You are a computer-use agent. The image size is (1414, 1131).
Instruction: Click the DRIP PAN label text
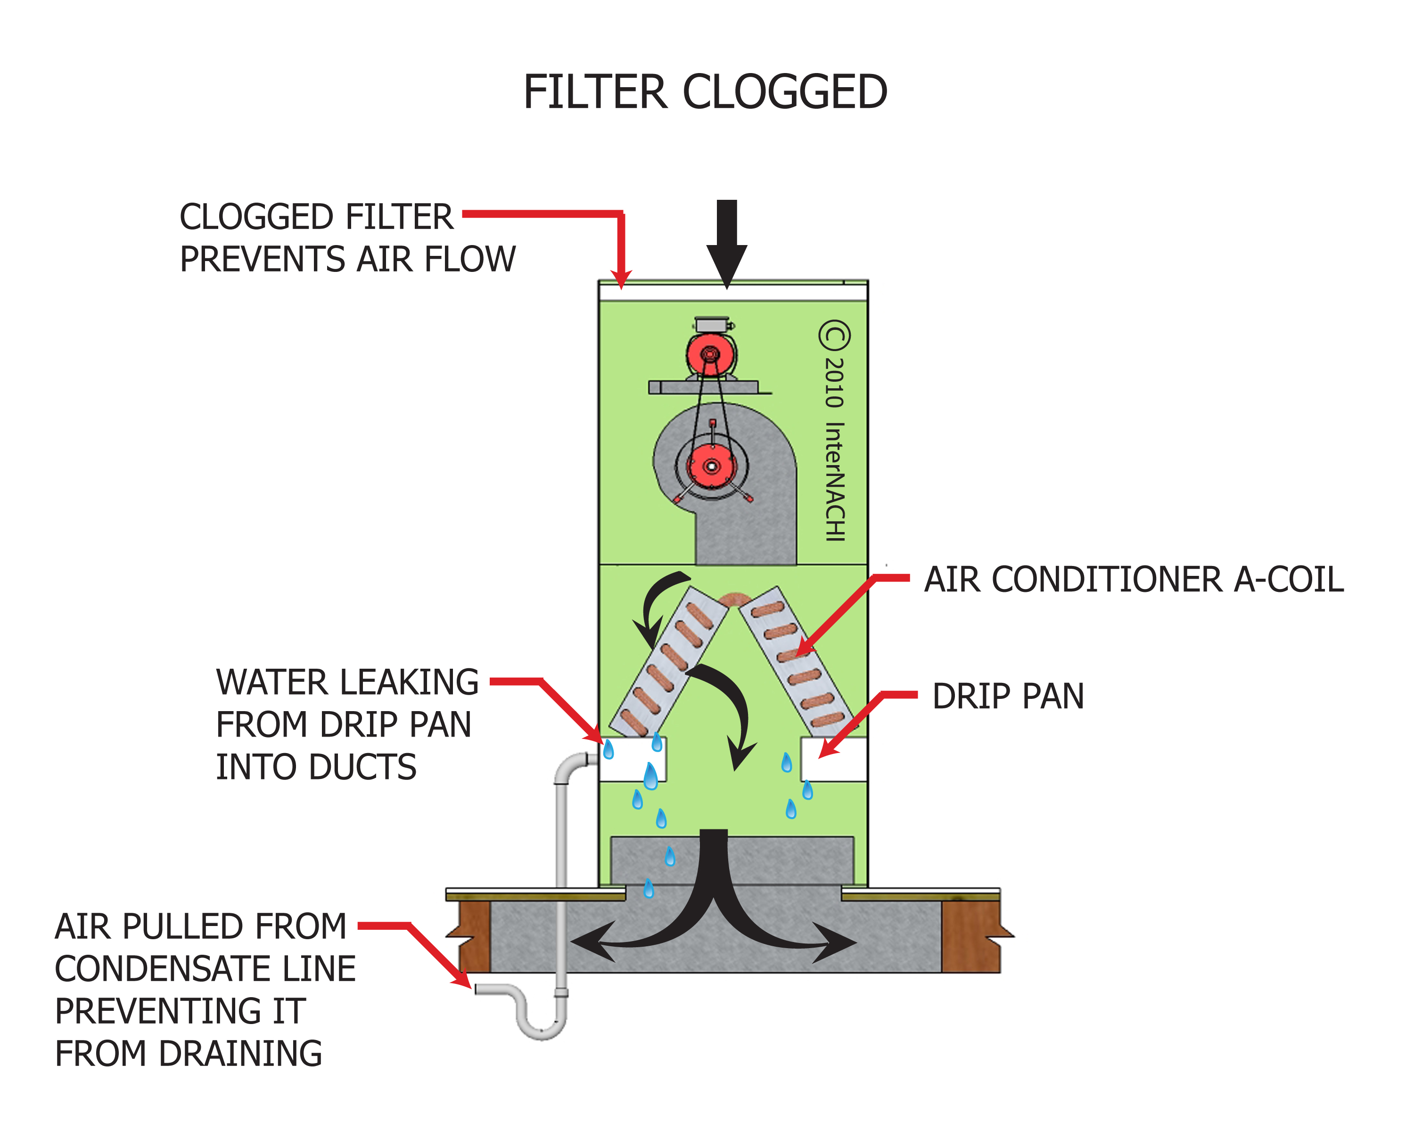tap(1008, 697)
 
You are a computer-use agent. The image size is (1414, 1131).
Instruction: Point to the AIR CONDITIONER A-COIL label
tap(1133, 580)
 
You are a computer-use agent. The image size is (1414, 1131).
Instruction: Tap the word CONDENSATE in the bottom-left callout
tap(206, 969)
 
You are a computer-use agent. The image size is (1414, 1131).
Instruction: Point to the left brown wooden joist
tap(474, 936)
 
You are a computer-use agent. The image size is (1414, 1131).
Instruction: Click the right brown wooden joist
tap(970, 936)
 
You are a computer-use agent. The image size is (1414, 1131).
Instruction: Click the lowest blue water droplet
tap(649, 888)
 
